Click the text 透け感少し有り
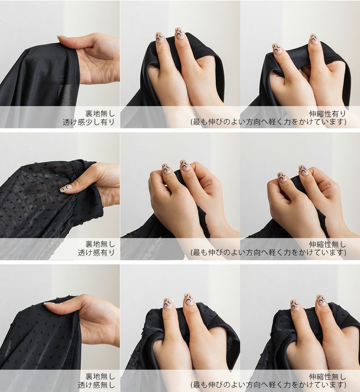click(89, 122)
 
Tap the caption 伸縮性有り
click(328, 114)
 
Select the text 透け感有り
click(96, 253)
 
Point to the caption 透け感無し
click(96, 385)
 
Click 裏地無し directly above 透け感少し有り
click(100, 114)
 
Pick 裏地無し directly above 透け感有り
click(100, 244)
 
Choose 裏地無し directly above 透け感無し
click(100, 376)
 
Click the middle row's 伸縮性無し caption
click(328, 244)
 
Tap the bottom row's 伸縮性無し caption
click(328, 376)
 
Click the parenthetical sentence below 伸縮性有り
click(269, 122)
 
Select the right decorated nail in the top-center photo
click(179, 34)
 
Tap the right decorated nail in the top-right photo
click(315, 39)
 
